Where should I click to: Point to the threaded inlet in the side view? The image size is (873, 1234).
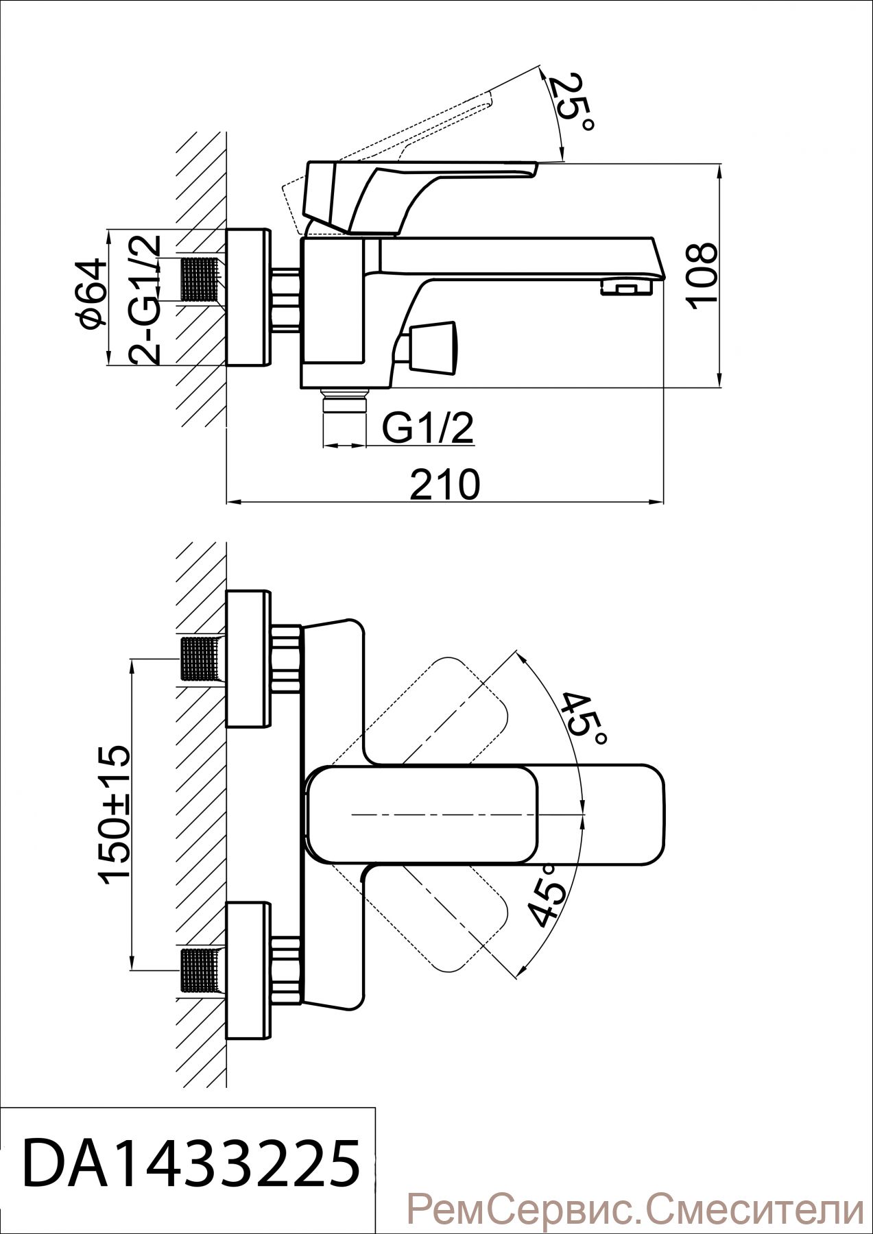202,279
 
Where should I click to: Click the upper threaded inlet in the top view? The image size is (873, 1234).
202,660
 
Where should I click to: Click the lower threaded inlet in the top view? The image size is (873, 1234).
202,971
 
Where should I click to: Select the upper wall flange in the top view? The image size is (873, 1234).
249,659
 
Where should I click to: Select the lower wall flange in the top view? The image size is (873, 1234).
249,971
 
